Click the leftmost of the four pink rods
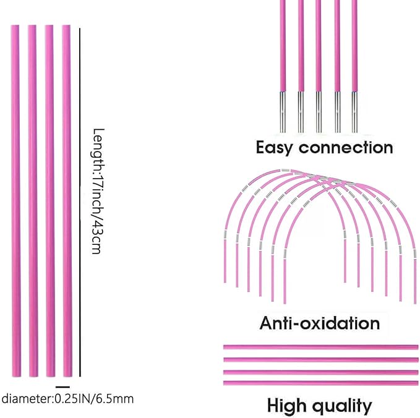pyautogui.click(x=15, y=201)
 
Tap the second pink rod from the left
pyautogui.click(x=32, y=201)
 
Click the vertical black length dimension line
pyautogui.click(x=80, y=201)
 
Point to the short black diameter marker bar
pyautogui.click(x=62, y=386)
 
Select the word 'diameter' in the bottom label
pyautogui.click(x=24, y=398)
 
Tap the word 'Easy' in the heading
pyautogui.click(x=274, y=148)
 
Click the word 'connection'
pyautogui.click(x=346, y=148)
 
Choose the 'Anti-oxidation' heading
pyautogui.click(x=319, y=323)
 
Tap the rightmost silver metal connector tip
pyautogui.click(x=355, y=111)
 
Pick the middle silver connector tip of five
pyautogui.click(x=319, y=111)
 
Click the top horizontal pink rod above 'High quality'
pyautogui.click(x=319, y=347)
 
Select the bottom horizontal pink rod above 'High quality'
pyautogui.click(x=319, y=383)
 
